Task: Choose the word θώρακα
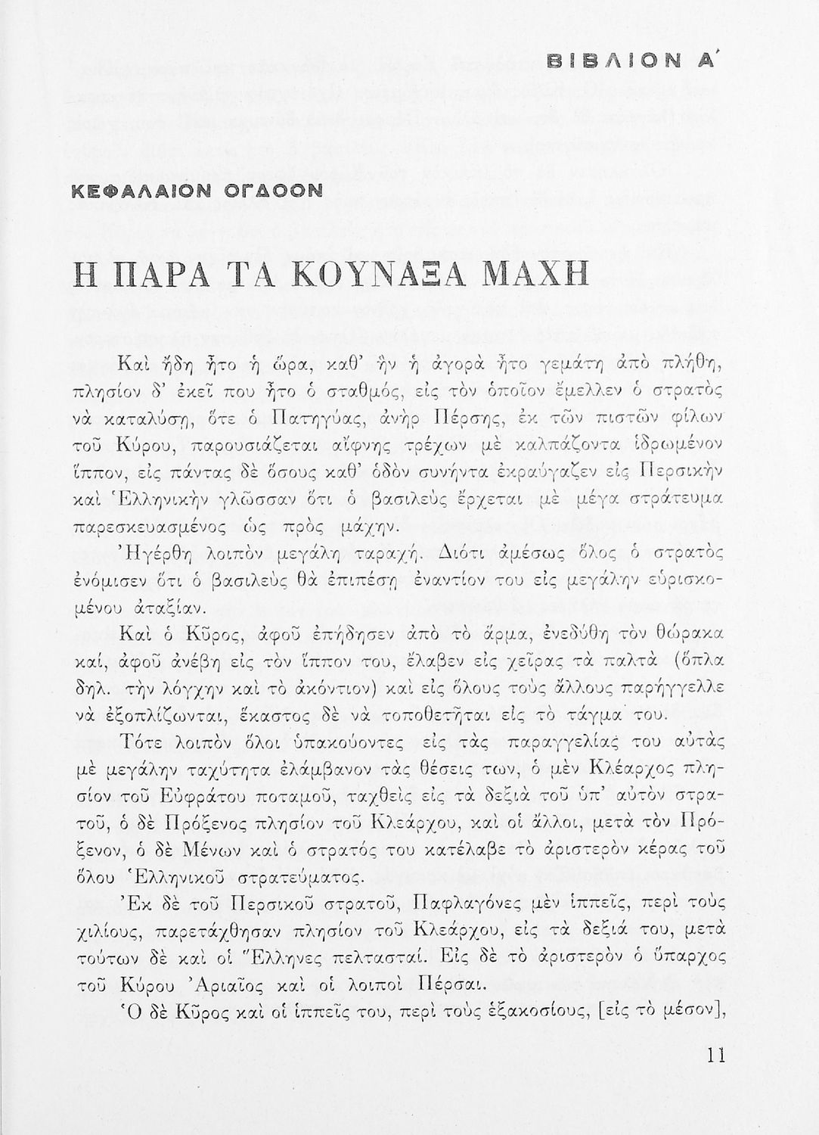[x=691, y=633]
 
